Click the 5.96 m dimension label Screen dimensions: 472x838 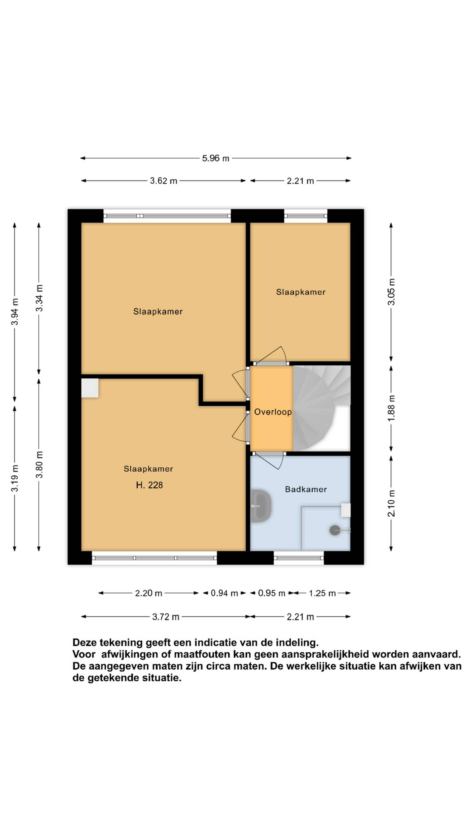click(215, 158)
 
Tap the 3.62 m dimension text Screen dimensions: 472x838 click(163, 181)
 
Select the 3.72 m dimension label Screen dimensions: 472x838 click(165, 617)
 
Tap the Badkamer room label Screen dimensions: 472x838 click(306, 489)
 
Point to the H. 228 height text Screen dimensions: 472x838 click(149, 485)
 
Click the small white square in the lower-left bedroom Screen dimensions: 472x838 click(90, 388)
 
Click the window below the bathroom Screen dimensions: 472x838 click(299, 558)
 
